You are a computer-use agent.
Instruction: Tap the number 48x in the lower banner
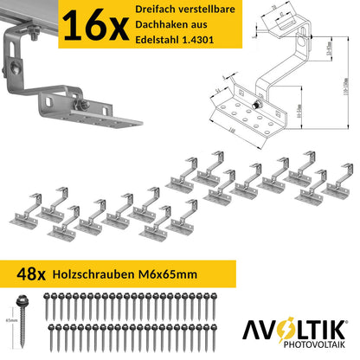click(x=29, y=273)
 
